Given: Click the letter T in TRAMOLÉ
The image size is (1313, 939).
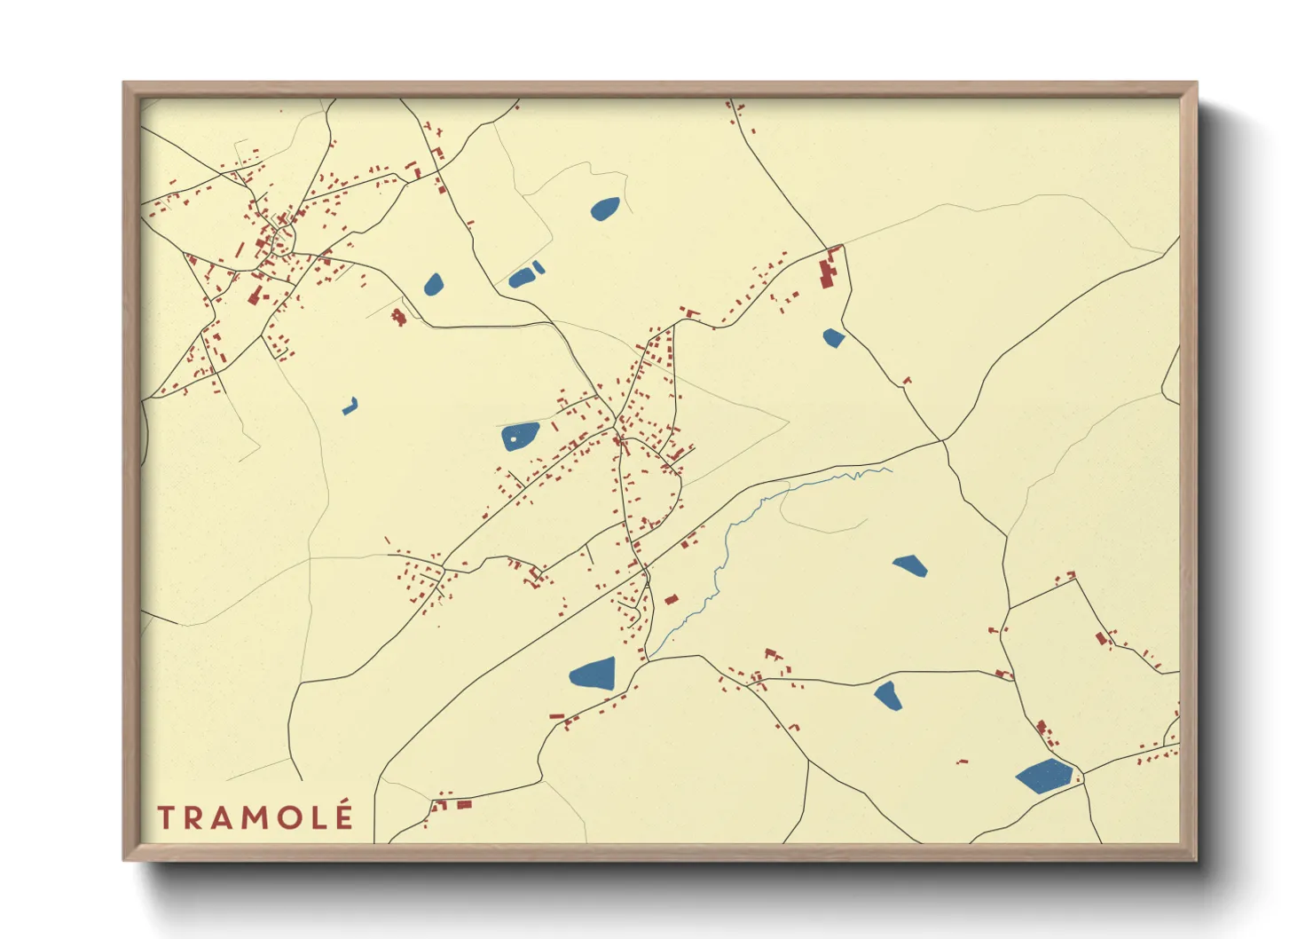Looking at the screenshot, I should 167,817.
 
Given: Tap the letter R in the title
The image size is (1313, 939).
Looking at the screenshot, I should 196,817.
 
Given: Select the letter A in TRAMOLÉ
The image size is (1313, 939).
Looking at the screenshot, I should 224,817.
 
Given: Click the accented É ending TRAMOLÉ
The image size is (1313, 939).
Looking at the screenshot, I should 344,816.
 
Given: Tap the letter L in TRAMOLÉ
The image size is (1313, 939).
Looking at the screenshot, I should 319,817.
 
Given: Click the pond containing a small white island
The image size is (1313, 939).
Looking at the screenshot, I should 520,436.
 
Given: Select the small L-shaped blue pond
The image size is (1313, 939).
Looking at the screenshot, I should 350,406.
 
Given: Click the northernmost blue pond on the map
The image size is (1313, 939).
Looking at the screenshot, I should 605,209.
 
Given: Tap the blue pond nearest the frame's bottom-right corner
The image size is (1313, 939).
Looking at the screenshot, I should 1045,776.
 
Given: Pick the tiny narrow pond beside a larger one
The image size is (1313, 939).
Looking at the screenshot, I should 539,267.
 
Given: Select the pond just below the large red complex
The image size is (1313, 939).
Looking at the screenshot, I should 833,337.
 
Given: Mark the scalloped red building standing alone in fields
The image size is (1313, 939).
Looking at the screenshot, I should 399,315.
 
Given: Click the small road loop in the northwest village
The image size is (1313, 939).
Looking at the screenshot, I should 285,238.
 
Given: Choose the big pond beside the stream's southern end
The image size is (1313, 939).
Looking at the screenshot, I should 593,674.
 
